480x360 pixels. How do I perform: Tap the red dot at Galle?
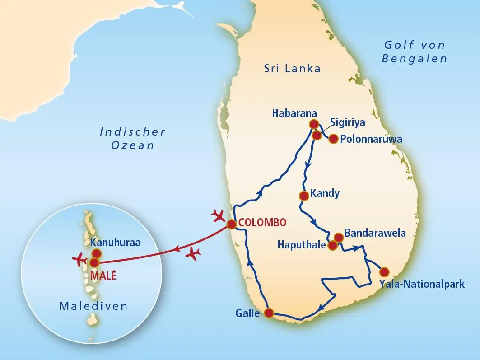(x=269, y=313)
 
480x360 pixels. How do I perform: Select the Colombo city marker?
(x=231, y=224)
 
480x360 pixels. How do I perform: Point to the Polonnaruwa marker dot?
(x=333, y=139)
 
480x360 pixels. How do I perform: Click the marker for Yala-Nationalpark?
(x=384, y=272)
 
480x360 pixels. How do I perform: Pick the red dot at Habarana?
(x=313, y=124)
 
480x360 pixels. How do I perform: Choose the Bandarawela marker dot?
(x=338, y=237)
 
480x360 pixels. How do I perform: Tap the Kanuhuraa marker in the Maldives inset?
(x=96, y=253)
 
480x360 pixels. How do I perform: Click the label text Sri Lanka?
(x=292, y=69)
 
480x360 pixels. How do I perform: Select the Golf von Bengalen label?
(x=414, y=51)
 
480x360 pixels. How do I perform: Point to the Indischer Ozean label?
(x=132, y=138)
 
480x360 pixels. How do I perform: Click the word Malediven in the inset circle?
(x=93, y=306)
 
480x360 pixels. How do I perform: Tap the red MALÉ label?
(x=103, y=276)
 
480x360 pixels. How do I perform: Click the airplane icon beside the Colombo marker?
(x=219, y=216)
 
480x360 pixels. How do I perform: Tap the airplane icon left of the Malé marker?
(x=80, y=261)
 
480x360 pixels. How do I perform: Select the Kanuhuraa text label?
(x=115, y=243)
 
